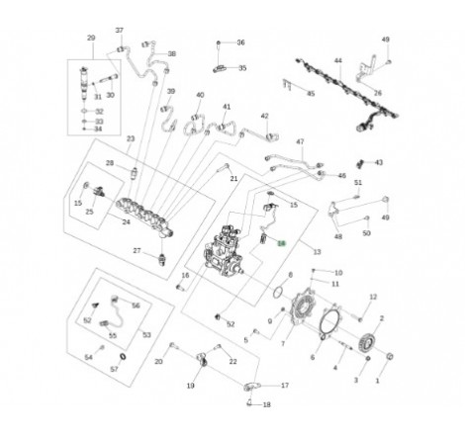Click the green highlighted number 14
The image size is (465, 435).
click(x=281, y=241)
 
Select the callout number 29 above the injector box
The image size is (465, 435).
click(x=91, y=39)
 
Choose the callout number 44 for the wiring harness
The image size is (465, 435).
click(x=336, y=61)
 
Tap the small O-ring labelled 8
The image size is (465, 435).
click(x=279, y=293)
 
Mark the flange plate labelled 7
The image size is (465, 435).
click(x=302, y=314)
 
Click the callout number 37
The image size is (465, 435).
click(x=120, y=31)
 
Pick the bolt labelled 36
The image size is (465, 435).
click(x=220, y=44)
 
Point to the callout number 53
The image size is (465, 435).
click(x=146, y=335)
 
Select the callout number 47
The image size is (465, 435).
click(x=300, y=141)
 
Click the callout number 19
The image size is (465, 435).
click(x=191, y=385)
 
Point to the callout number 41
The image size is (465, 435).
click(x=227, y=107)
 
